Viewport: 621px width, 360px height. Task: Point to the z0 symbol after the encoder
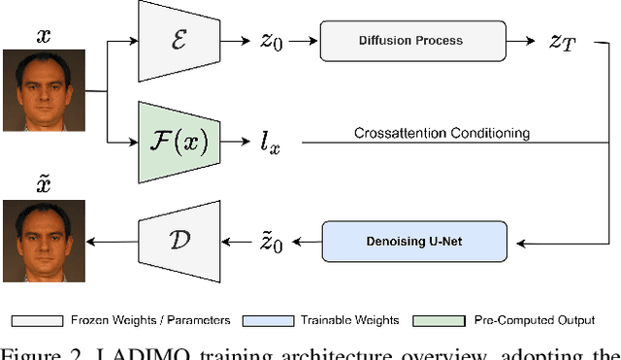[272, 44]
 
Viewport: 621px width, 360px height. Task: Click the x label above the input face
[44, 37]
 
